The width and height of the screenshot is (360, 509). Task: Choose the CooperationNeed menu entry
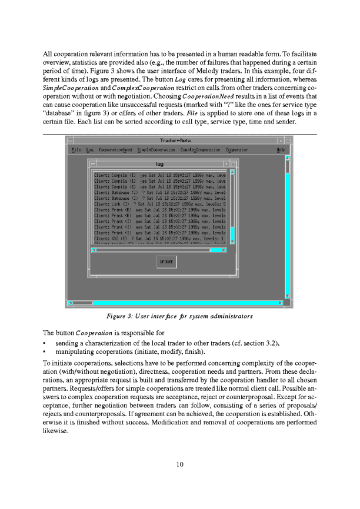point(115,150)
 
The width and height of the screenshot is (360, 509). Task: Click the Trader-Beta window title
point(175,140)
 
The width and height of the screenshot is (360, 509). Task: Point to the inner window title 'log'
point(159,164)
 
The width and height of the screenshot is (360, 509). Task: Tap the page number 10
point(180,464)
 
